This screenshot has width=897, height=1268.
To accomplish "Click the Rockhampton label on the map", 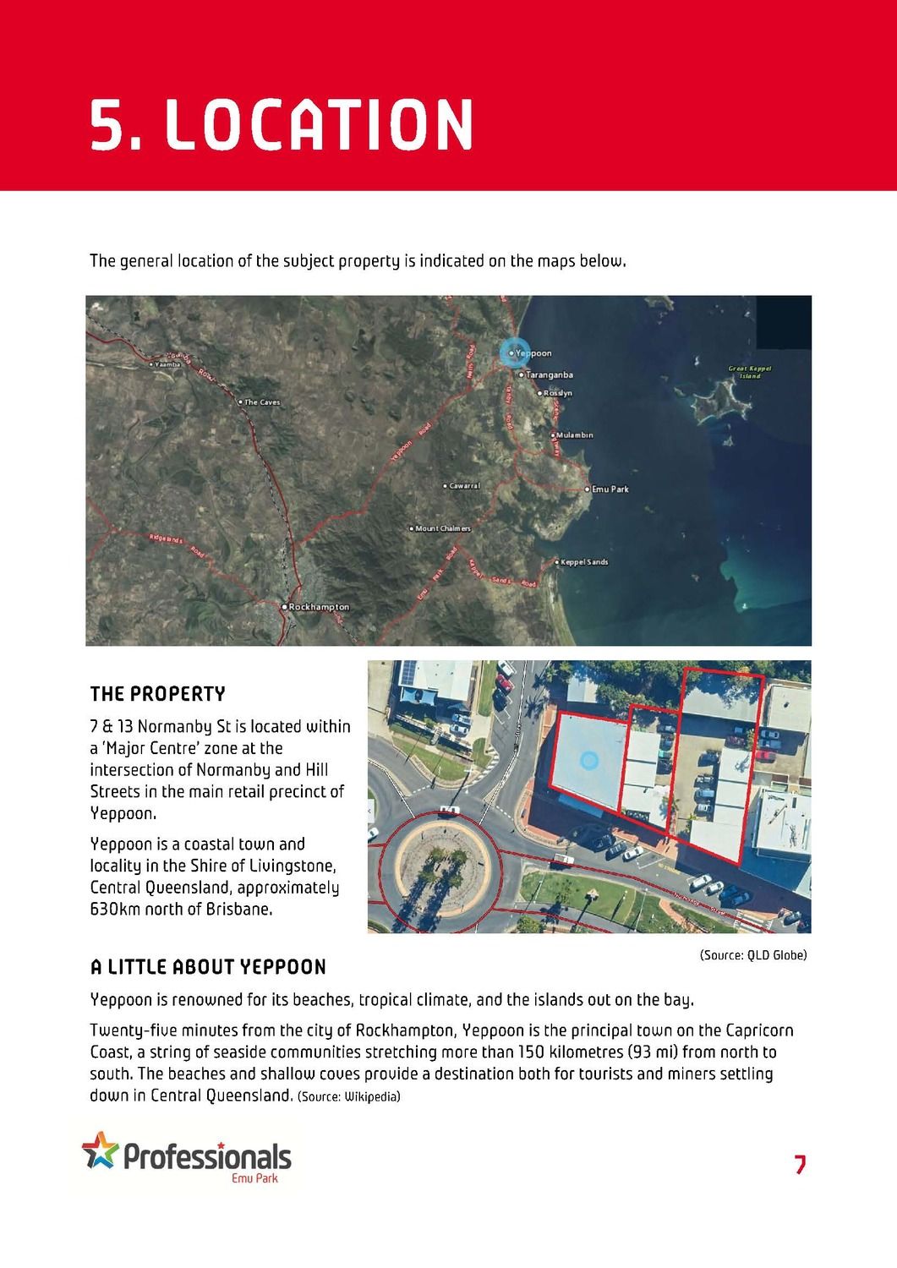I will (318, 607).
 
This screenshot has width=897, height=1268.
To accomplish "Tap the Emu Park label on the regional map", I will (610, 489).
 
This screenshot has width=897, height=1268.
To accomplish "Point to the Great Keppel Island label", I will (750, 372).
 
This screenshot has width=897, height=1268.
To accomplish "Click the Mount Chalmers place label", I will (442, 528).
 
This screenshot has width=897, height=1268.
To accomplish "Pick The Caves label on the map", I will (261, 402).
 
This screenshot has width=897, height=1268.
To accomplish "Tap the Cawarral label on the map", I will (464, 486).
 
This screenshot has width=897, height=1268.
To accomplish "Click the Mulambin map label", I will (574, 435).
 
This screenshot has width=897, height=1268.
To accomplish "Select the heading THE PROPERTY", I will (158, 695).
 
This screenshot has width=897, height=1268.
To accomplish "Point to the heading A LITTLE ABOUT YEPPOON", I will (208, 967).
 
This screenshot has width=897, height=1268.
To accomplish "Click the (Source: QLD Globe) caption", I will (752, 955).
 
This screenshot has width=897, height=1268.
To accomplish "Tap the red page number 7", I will (800, 1165).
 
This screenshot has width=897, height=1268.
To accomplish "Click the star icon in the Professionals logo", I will (100, 1150).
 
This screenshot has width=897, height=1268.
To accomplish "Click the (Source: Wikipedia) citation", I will (349, 1097).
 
